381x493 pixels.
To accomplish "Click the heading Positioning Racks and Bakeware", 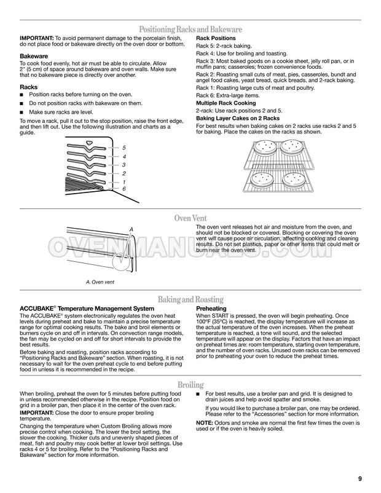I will (190, 30).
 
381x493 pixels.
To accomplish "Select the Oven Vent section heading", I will (190, 218).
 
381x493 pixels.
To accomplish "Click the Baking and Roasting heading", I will (190, 299).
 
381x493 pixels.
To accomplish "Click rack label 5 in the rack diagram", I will (124, 149).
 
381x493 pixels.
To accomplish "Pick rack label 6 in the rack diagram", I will (124, 189).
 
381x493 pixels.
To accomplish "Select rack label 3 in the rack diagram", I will (124, 165).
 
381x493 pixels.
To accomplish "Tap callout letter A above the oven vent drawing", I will (131, 229).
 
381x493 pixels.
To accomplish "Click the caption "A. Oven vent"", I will (100, 282).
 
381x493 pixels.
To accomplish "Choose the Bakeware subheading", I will (34, 56).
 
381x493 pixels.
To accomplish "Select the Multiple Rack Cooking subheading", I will (227, 103).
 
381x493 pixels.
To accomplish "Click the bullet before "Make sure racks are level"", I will (22, 112).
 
